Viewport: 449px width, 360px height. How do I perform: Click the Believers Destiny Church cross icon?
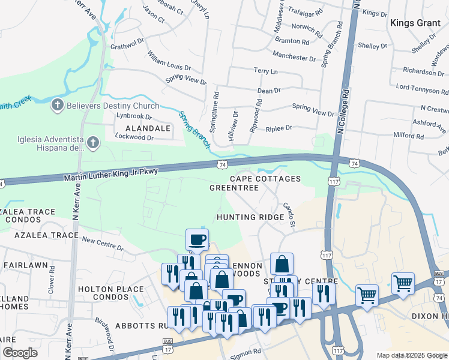click(x=58, y=106)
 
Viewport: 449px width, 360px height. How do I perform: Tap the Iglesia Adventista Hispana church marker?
click(x=92, y=143)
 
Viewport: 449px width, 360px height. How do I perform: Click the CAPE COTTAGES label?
click(x=265, y=179)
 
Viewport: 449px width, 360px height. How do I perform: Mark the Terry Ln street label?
click(x=266, y=71)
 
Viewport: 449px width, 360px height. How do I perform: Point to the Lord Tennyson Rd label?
click(x=421, y=88)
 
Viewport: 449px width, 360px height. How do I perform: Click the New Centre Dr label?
click(x=102, y=243)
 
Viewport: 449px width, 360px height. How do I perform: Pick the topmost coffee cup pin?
click(x=197, y=240)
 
